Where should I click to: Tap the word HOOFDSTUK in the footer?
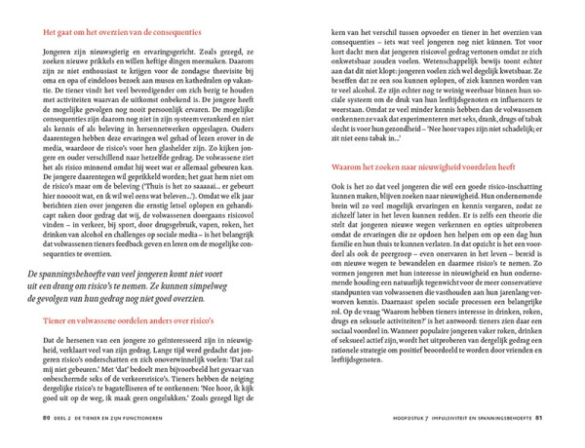(x=383, y=420)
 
